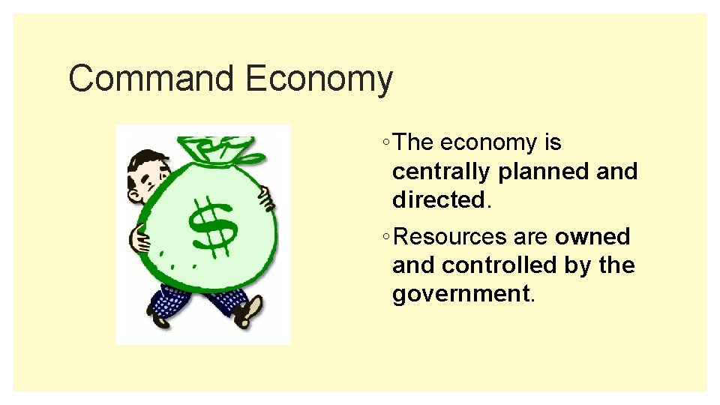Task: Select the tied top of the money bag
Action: click(x=220, y=151)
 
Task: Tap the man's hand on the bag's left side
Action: click(x=139, y=239)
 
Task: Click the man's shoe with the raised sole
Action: click(x=247, y=312)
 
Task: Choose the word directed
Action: click(x=439, y=200)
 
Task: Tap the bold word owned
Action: click(x=592, y=237)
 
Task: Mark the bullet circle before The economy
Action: click(x=384, y=143)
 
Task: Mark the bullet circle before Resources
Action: click(x=384, y=238)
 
